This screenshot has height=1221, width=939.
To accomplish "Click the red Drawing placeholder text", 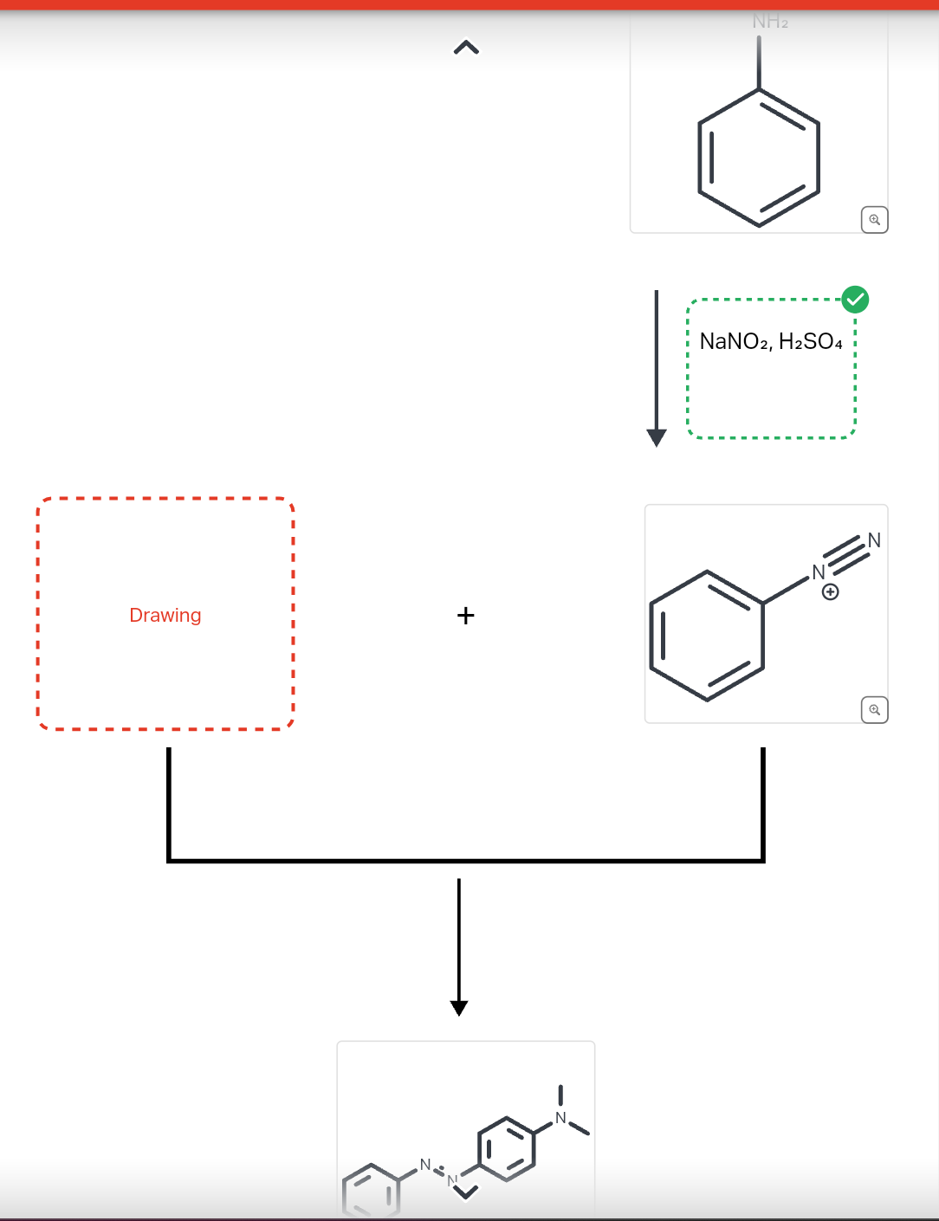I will coord(165,615).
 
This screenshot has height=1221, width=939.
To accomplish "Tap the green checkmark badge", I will coord(855,300).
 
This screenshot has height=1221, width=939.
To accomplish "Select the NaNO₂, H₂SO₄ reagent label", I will coord(770,342).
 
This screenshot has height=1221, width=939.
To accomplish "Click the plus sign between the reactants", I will coord(465,616).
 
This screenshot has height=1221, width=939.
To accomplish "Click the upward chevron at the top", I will coord(466,48).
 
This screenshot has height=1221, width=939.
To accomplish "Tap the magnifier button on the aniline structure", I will coord(875,220).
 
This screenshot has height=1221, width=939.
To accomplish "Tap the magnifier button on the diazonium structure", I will coord(875,710).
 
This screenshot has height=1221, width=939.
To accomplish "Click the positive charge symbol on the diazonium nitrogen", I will coord(830,592).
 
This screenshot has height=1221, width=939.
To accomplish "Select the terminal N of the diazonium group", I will coord(873,540).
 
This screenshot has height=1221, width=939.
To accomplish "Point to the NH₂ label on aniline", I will coord(770,22).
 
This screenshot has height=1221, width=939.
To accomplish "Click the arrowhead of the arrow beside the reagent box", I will coord(657,437).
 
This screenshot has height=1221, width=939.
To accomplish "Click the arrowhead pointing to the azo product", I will coord(459,1007).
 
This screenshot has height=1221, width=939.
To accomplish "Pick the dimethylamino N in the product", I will coord(560,1118).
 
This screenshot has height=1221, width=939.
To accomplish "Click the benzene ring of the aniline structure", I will coord(759,158).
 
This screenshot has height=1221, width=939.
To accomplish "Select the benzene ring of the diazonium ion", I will coord(707,636).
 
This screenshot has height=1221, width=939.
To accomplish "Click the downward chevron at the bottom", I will coord(466,1192).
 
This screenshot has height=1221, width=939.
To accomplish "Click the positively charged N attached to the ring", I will coord(818,572).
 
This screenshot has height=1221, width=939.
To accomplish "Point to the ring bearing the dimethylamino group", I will coord(507,1149).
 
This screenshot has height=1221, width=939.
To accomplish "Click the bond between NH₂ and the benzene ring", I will coord(759,62).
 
